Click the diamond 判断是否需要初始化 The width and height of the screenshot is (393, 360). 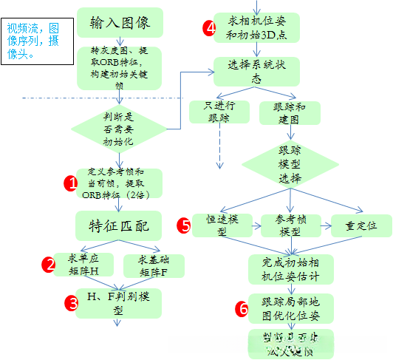(x=119, y=127)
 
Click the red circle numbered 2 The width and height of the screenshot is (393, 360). (x=49, y=265)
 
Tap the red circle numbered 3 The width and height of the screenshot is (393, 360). (x=71, y=302)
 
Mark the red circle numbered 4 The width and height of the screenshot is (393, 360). (x=210, y=29)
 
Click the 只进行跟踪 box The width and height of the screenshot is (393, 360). (x=218, y=112)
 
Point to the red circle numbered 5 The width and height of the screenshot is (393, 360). (x=185, y=225)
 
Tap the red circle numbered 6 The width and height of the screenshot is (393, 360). (x=242, y=309)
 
